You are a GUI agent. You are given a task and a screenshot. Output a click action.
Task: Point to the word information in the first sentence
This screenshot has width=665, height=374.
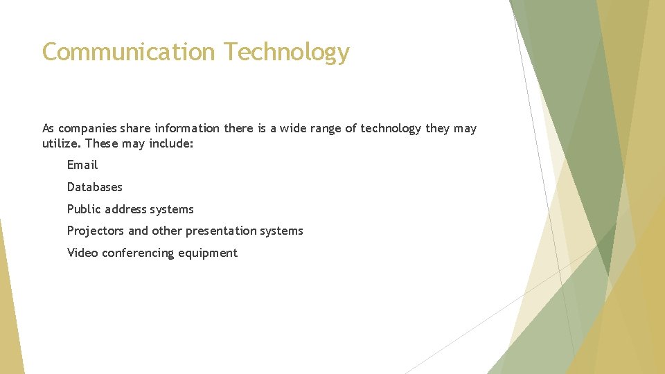tap(187, 128)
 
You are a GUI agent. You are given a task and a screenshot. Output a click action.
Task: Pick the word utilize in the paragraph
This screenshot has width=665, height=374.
tap(60, 144)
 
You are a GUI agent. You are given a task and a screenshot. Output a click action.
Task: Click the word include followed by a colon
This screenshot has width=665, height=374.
tap(172, 144)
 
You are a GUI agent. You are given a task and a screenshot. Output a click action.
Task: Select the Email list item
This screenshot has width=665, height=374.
tap(82, 165)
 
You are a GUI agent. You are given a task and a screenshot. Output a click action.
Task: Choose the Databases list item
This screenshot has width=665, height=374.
tap(94, 187)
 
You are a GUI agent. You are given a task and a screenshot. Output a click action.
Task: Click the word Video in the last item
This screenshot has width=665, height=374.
tap(82, 253)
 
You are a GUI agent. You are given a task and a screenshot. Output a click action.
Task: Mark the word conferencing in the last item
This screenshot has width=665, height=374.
tap(138, 253)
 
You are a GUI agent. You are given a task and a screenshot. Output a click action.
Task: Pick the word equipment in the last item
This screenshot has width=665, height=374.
tap(208, 253)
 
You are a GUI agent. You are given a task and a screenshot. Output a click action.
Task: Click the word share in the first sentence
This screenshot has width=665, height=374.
tap(135, 128)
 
